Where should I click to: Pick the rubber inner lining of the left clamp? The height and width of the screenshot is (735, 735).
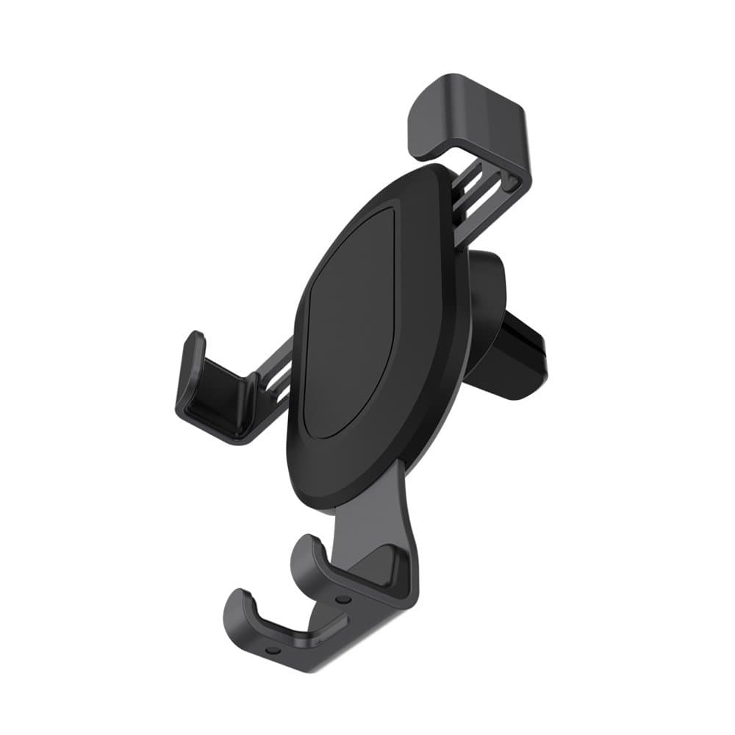click(x=220, y=401)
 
